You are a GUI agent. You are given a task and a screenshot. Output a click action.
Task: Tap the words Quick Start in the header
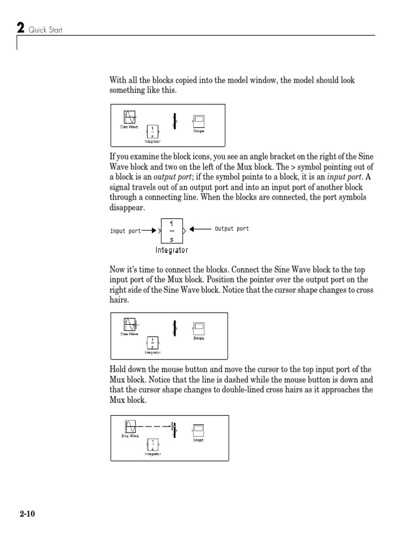[46, 30]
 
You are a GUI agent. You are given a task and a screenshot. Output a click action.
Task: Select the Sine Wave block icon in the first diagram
[129, 117]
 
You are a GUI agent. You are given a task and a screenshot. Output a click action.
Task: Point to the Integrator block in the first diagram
[153, 132]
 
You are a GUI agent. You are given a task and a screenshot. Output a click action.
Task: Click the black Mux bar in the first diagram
[173, 120]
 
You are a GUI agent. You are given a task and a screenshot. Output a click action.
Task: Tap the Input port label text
[126, 231]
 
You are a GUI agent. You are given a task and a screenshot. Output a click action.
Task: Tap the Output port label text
[232, 229]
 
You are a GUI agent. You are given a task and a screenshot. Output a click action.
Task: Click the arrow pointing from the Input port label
[150, 231]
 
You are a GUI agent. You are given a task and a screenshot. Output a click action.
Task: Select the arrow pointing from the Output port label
[201, 229]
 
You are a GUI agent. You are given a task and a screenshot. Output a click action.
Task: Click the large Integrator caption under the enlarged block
[172, 249]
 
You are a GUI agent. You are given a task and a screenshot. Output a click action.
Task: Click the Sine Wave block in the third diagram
[129, 324]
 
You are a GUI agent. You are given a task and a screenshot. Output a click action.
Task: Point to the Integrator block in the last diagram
[153, 444]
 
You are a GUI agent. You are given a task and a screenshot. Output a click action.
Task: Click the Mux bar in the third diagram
[174, 327]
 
